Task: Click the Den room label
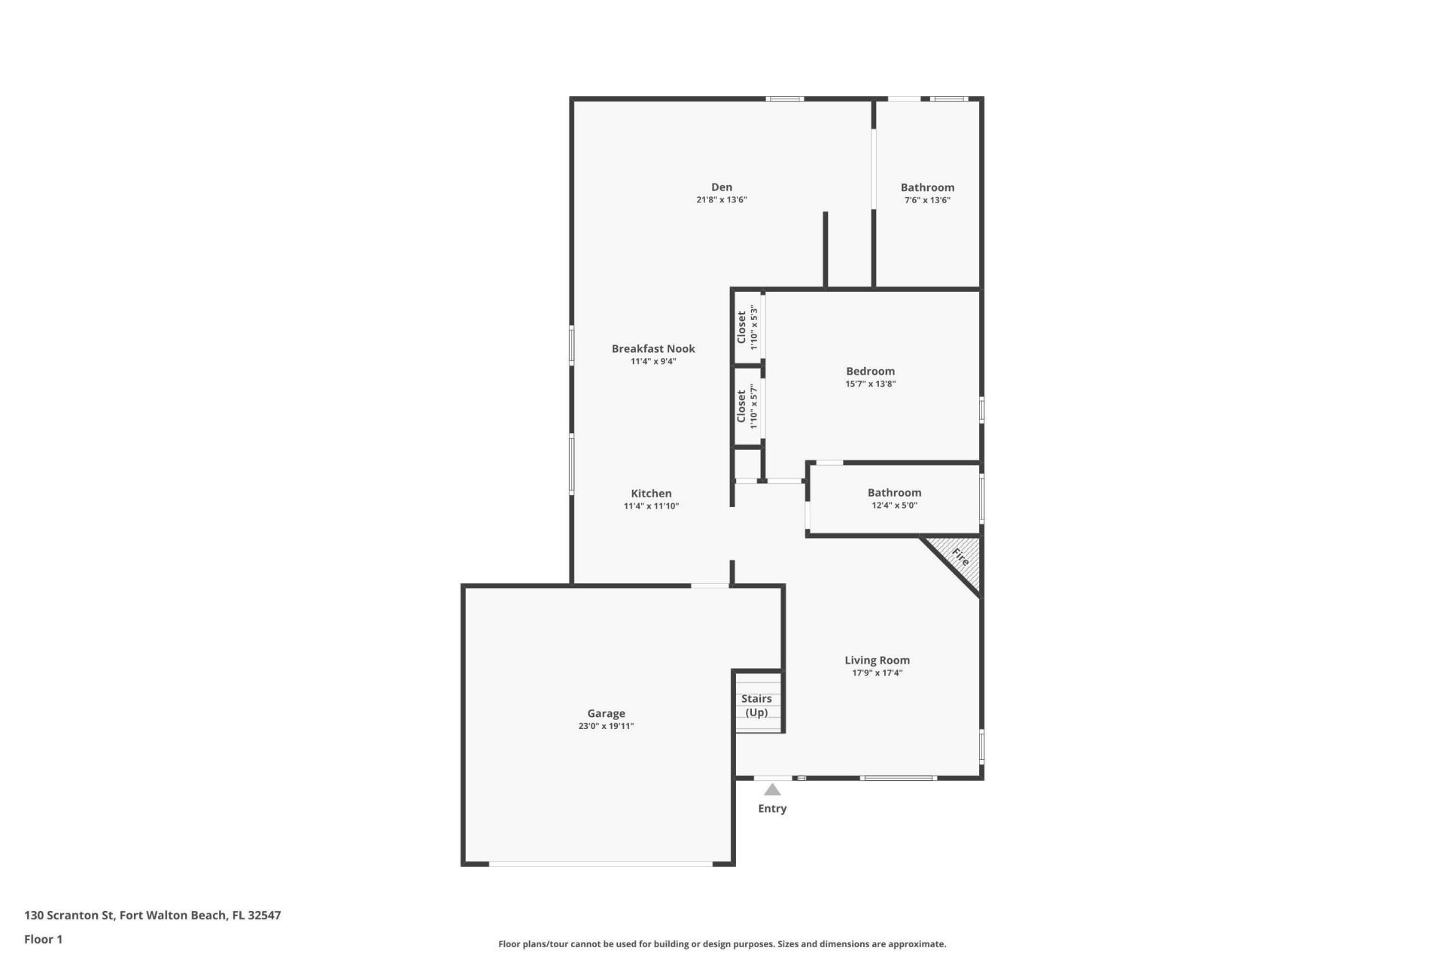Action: [x=721, y=187]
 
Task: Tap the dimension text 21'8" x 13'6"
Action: [x=721, y=200]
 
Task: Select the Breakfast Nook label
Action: [x=653, y=348]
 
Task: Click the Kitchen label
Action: [x=651, y=494]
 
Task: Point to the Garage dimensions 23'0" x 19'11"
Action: [x=606, y=726]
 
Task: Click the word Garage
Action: [x=606, y=713]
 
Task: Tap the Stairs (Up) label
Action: [x=756, y=705]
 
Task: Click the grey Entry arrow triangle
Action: [x=772, y=790]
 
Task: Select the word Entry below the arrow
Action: [x=772, y=809]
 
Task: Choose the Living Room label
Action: [x=877, y=661]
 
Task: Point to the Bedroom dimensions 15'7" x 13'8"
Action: [x=870, y=384]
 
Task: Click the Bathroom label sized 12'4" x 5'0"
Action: [x=894, y=493]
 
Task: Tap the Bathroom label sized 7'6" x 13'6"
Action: [x=927, y=187]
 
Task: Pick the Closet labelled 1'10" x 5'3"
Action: [x=741, y=327]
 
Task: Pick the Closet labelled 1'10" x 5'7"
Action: [x=741, y=406]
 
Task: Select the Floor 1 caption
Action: [x=43, y=939]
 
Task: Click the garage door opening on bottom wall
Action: [x=600, y=864]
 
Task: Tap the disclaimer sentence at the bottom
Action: [x=722, y=944]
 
